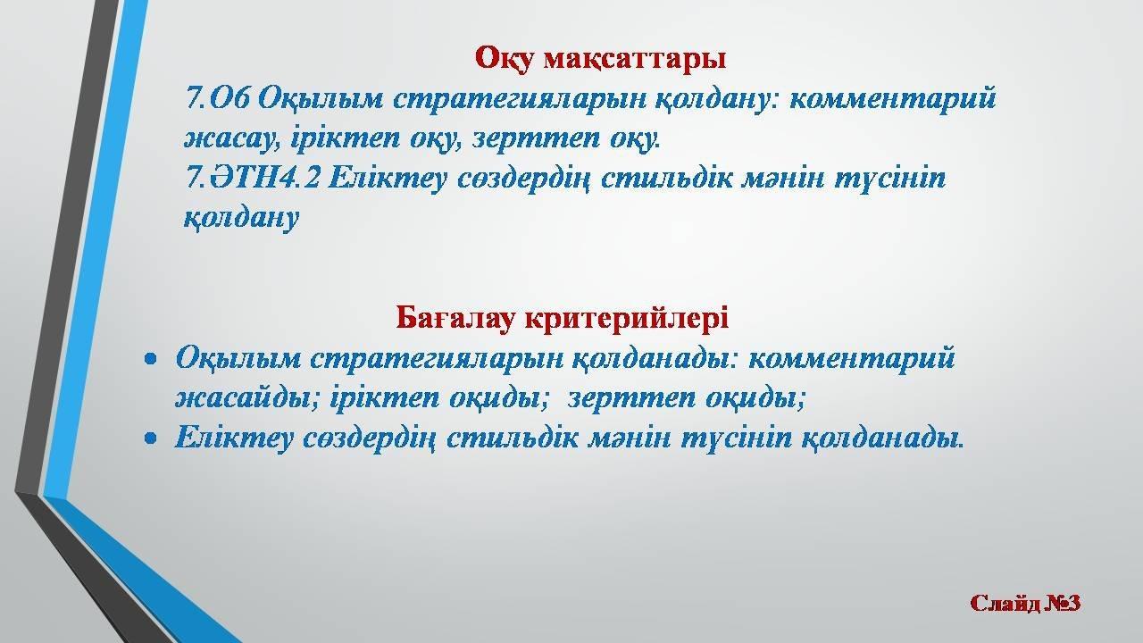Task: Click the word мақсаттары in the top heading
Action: pyautogui.click(x=634, y=59)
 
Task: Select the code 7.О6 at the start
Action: pyautogui.click(x=219, y=98)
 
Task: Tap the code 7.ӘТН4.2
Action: pyautogui.click(x=253, y=178)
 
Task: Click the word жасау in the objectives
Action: pyautogui.click(x=232, y=138)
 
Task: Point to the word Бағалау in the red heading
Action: pyautogui.click(x=455, y=317)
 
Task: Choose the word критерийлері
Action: pyautogui.click(x=627, y=317)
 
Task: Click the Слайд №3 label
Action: pyautogui.click(x=1025, y=603)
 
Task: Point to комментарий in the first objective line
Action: pyautogui.click(x=893, y=98)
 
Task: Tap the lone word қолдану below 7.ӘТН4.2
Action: pyautogui.click(x=241, y=219)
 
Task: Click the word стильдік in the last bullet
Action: pyautogui.click(x=513, y=438)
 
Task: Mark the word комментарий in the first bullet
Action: pyautogui.click(x=852, y=358)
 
